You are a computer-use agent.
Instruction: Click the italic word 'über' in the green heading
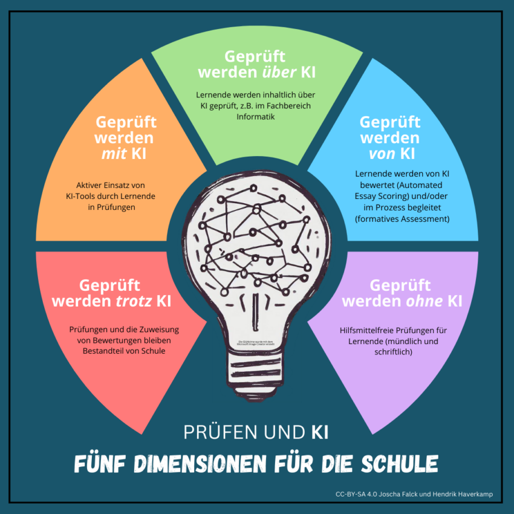278,73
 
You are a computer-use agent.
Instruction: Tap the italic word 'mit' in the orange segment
114,154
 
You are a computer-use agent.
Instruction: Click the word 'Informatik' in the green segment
256,117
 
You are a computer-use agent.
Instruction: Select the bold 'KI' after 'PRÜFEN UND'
320,432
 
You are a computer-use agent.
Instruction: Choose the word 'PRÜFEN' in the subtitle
214,432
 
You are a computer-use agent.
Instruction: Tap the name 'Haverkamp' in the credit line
473,495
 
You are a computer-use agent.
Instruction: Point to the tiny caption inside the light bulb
256,342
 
